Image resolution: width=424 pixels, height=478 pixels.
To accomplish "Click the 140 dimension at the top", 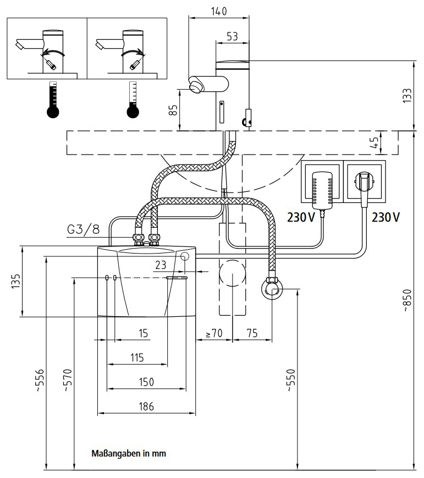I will click(x=218, y=11).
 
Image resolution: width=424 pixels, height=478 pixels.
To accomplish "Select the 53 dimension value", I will click(x=232, y=36).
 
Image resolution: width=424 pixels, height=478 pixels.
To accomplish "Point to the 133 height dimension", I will click(x=407, y=95).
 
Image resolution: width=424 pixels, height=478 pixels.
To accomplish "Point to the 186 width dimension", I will click(x=146, y=406).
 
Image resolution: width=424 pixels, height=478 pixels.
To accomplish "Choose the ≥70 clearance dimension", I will click(x=213, y=333).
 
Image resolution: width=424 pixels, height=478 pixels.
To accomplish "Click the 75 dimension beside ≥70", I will click(x=252, y=333).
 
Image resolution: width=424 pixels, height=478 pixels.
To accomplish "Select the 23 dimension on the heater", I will click(x=160, y=265).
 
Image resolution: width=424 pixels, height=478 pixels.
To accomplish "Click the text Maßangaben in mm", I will click(x=129, y=454).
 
